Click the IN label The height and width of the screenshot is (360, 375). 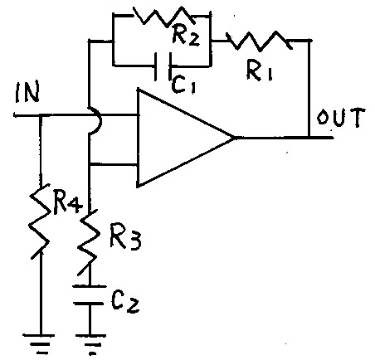point(27,92)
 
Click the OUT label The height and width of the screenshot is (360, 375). point(341,118)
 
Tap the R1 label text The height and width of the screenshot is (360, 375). point(259,71)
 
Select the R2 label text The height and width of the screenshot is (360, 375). point(186,36)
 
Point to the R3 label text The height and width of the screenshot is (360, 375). point(125,236)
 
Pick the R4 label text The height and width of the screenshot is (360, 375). point(68,204)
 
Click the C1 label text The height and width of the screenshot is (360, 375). point(183,85)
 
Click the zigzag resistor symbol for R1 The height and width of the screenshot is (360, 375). point(259,41)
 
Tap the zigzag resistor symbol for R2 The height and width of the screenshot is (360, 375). point(165,16)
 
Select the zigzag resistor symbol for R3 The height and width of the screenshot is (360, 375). point(89,241)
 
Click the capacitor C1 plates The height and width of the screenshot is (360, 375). point(163,66)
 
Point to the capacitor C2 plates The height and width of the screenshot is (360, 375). point(89,295)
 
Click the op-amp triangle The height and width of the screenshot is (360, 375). point(186,138)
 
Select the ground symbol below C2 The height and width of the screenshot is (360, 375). point(90,344)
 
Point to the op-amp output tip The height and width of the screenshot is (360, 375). point(235,137)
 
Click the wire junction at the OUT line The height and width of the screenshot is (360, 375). point(309,137)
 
